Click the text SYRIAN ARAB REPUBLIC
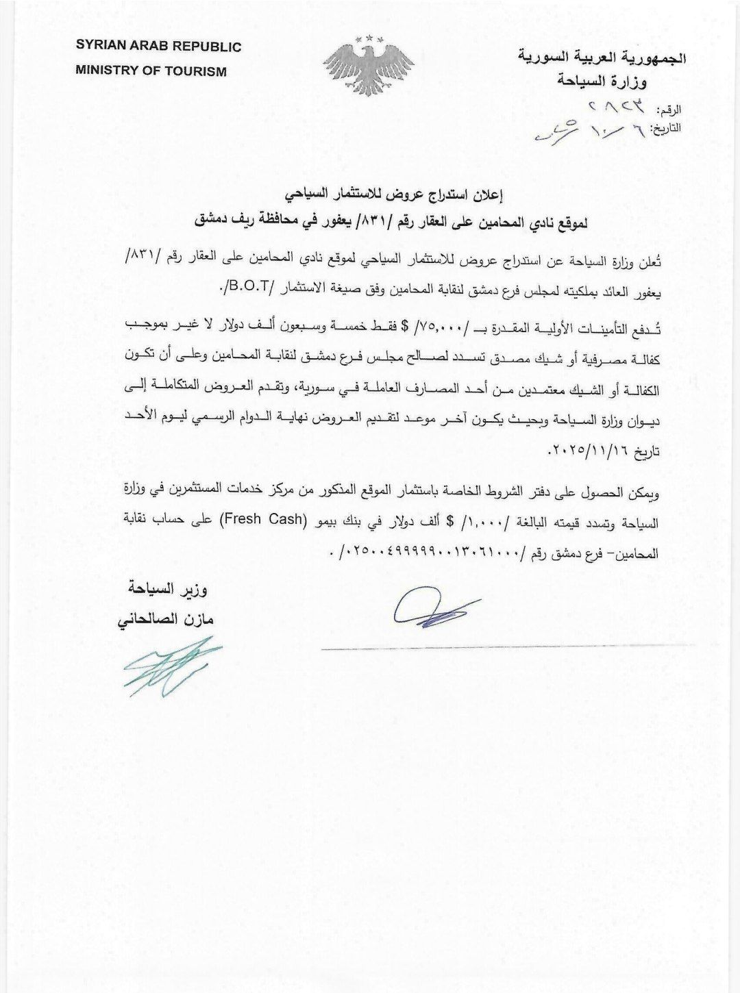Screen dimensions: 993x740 [x=158, y=47]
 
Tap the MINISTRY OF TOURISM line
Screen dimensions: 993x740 [x=151, y=71]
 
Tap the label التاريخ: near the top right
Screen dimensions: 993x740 [x=664, y=128]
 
